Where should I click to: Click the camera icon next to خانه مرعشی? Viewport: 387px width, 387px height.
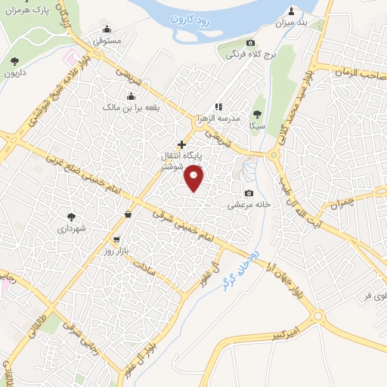coord(249,193)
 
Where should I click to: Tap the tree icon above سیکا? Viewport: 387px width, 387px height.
coord(257,114)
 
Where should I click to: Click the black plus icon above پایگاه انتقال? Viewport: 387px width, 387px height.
coord(181,144)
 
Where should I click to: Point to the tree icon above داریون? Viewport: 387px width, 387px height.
coord(14,61)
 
